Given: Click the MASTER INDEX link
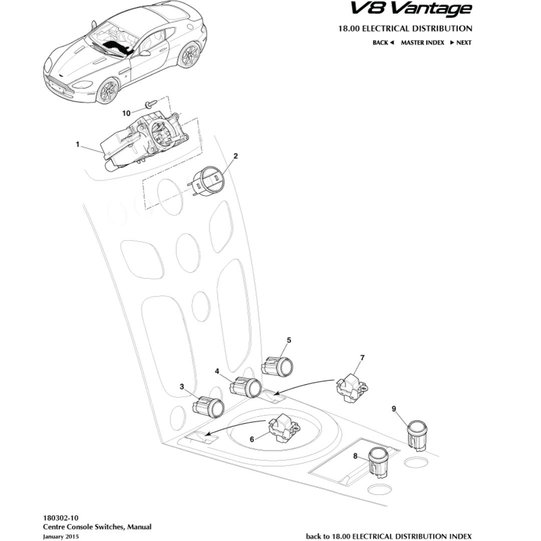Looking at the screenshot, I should pos(422,43).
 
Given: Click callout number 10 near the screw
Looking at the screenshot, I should pos(126,113).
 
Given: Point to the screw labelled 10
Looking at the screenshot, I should pos(150,104).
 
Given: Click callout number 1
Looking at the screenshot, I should pos(78,144).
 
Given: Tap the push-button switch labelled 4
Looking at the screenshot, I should pos(246,387).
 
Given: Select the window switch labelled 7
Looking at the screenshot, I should pos(351,387).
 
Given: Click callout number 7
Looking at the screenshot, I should pos(362,358).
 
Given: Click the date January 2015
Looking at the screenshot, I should pos(61,536).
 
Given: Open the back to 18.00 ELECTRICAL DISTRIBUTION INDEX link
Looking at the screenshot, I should pos(389,536).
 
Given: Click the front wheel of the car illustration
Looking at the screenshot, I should pos(107,91).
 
